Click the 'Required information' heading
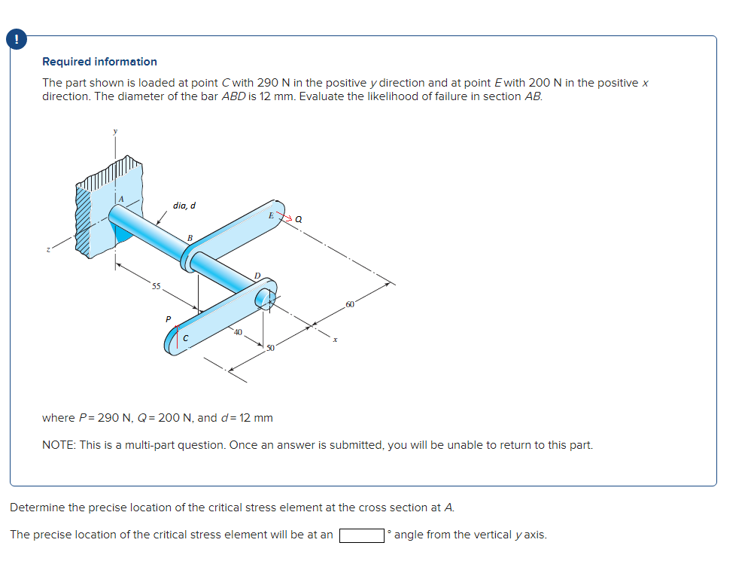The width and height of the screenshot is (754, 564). (x=99, y=62)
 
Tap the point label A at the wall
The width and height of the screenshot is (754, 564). (x=117, y=197)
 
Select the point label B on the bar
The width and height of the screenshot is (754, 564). (x=190, y=238)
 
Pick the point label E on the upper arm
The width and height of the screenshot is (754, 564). (x=270, y=215)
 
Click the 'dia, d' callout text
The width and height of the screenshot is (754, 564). (x=184, y=205)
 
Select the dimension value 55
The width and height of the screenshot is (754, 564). (x=156, y=286)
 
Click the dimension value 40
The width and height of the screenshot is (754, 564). (x=237, y=332)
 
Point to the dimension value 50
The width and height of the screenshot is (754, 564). (x=269, y=347)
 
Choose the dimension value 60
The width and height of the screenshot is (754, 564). (x=350, y=304)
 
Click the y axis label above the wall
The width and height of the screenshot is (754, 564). (x=115, y=132)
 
